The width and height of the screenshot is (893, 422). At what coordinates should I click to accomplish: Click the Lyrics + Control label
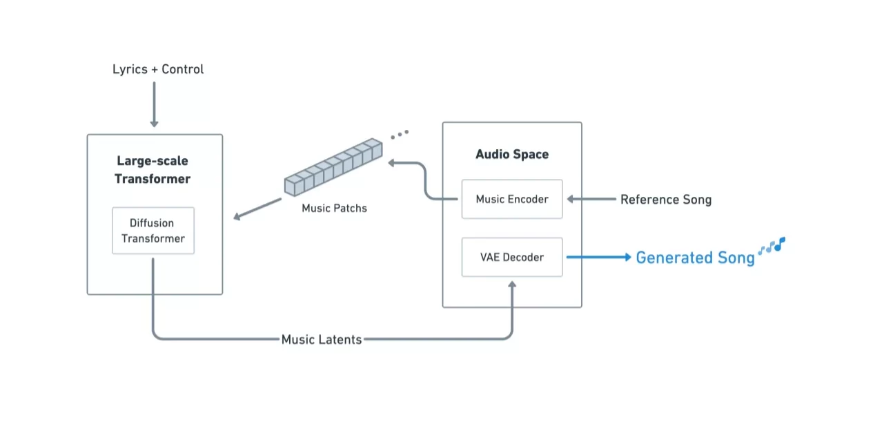(158, 69)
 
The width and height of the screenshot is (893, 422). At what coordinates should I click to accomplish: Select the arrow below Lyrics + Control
(154, 104)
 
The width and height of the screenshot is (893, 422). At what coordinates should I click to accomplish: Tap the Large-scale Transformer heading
(153, 170)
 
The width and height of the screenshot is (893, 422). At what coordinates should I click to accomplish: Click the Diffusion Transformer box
(153, 231)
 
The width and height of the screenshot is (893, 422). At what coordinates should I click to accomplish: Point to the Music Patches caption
(334, 208)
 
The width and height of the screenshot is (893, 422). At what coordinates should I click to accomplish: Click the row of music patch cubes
(333, 166)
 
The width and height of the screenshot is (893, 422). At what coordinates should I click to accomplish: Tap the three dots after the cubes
(400, 134)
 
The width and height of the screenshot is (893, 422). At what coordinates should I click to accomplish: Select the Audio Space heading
(512, 154)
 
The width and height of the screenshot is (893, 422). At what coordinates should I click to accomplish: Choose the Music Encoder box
(512, 199)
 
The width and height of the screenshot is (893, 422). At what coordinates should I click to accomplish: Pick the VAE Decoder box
(512, 257)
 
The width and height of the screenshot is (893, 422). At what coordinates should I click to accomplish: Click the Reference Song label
(665, 200)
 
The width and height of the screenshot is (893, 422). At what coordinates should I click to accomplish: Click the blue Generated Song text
(695, 258)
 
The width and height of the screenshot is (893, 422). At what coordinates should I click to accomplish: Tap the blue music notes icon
(772, 246)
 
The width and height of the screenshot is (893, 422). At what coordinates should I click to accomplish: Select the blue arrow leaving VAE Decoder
(598, 257)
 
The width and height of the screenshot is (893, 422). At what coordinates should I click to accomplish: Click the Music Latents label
(322, 339)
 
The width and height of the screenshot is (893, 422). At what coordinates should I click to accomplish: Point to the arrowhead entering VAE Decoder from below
(512, 285)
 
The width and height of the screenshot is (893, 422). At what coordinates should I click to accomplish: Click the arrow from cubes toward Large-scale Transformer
(257, 209)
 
